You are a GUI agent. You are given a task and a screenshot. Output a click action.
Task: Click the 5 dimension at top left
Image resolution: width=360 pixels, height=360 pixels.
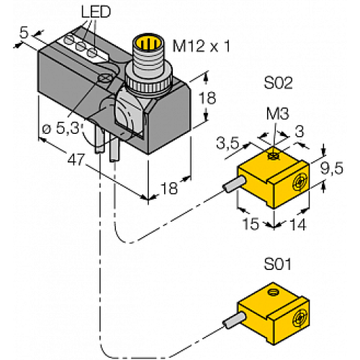click(x=23, y=32)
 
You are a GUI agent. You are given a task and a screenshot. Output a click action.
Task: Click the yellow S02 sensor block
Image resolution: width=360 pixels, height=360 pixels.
click(x=271, y=180)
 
